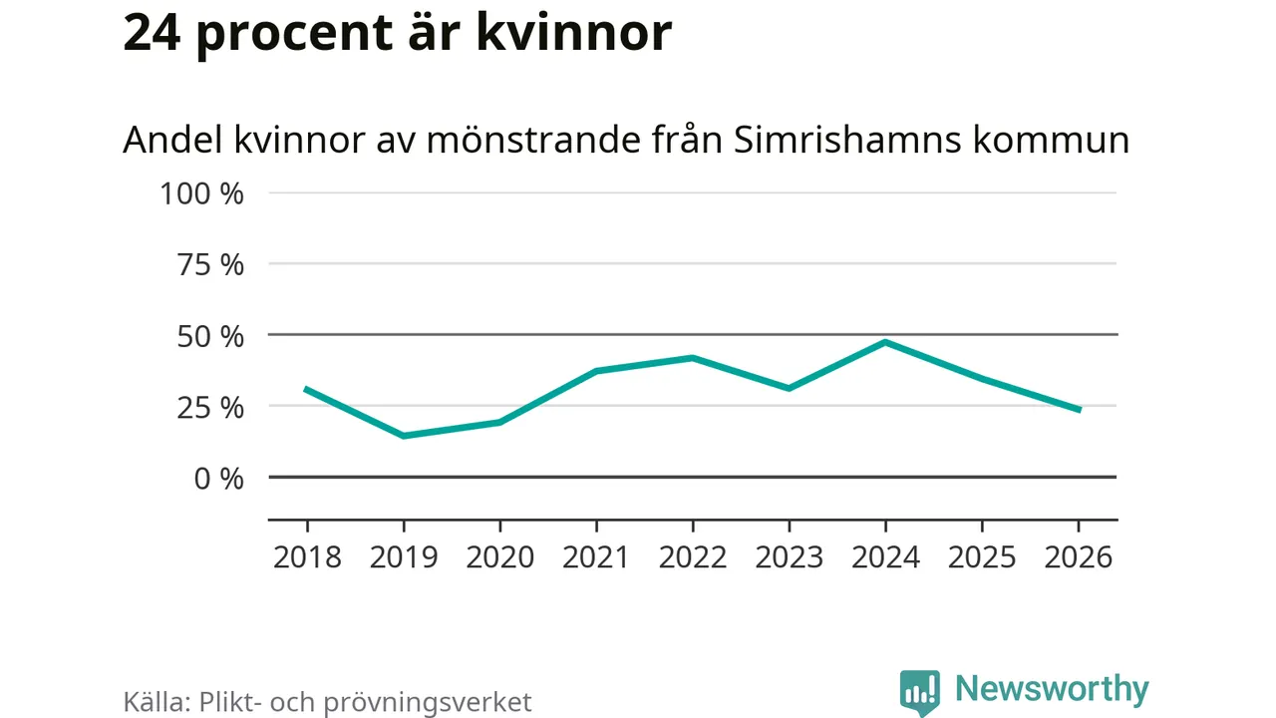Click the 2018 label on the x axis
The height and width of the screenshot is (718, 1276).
click(307, 556)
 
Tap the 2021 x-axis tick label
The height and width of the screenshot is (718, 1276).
click(596, 556)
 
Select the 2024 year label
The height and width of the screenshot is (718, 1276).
click(885, 556)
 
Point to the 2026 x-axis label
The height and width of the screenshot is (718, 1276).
click(1078, 556)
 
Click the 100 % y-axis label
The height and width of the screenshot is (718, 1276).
click(202, 193)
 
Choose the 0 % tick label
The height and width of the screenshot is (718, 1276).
click(217, 479)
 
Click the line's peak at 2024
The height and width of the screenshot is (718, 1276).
click(885, 342)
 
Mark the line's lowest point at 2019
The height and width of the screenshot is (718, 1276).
click(404, 436)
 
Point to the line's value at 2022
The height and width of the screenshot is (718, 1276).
click(693, 357)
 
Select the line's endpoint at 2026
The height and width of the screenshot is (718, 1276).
click(1078, 410)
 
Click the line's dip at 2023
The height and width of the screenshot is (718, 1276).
click(789, 388)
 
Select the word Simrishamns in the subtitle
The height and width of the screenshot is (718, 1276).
click(844, 141)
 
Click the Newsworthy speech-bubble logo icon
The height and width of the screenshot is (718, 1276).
click(919, 691)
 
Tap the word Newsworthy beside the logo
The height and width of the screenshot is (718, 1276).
click(1052, 689)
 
